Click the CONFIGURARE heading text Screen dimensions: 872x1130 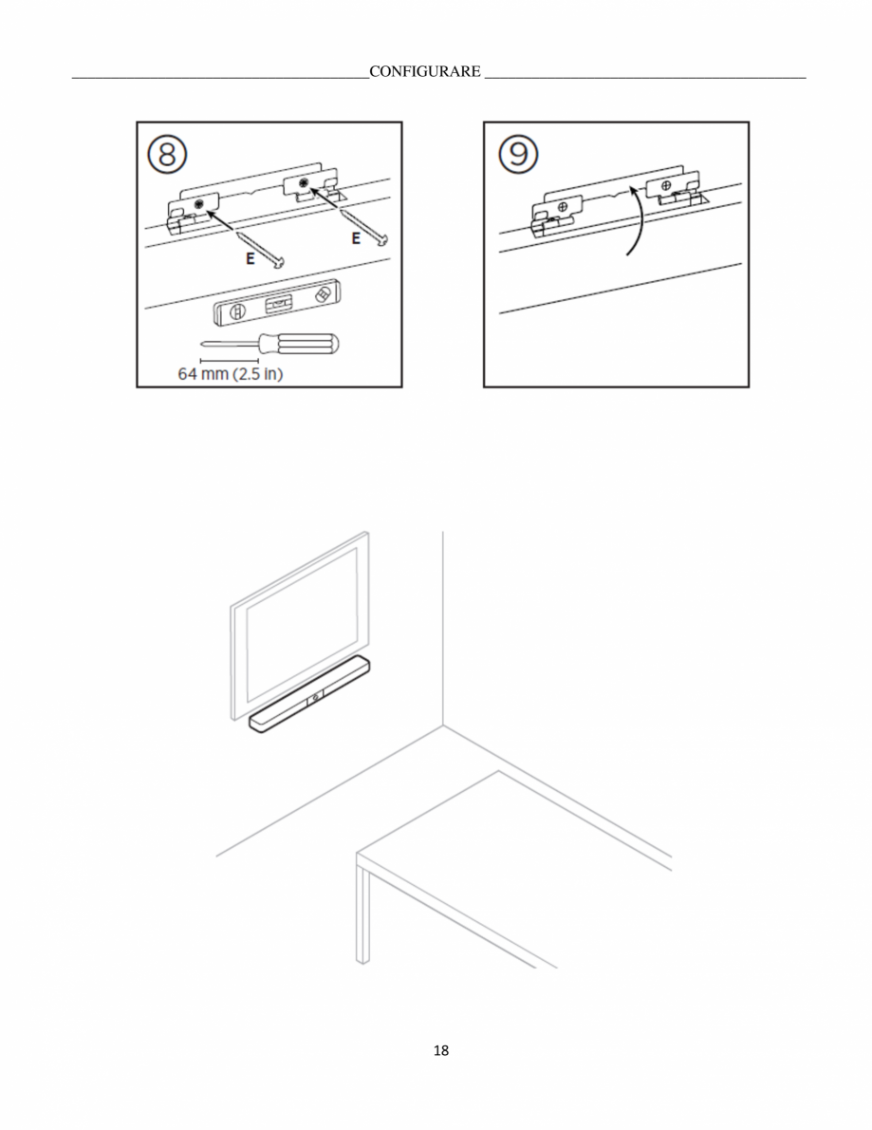[x=425, y=71]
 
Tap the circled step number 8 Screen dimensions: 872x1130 [x=168, y=154]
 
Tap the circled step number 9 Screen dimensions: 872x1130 [x=518, y=154]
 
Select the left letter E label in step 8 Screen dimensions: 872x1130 [x=250, y=258]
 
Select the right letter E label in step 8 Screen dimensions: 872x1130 [x=356, y=238]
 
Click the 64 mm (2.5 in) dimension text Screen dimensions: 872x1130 [x=231, y=373]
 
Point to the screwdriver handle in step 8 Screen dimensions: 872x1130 [x=303, y=345]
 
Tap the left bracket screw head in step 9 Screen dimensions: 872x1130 [x=563, y=208]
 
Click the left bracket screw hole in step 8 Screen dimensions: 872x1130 [x=198, y=205]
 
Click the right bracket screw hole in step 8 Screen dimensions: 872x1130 [x=304, y=182]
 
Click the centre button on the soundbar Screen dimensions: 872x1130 [x=315, y=697]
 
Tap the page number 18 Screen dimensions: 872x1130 [x=440, y=1051]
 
